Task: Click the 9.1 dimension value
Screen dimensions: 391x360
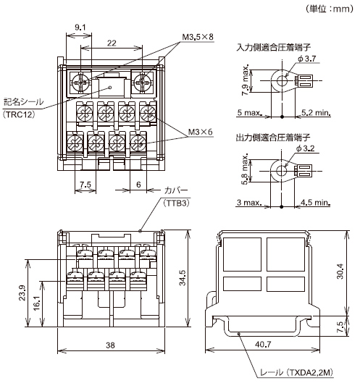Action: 80,28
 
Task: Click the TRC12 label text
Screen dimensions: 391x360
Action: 23,114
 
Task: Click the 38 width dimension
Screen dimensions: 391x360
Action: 110,345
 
